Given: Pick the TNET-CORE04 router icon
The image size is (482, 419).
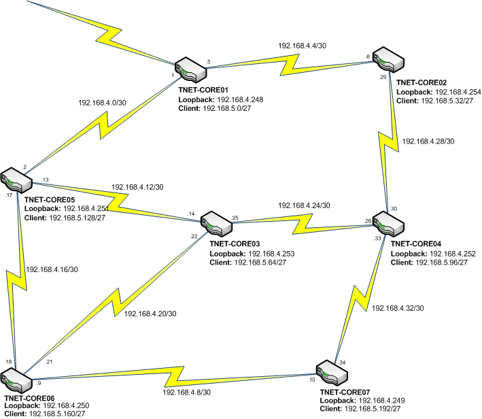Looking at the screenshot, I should pyautogui.click(x=388, y=223).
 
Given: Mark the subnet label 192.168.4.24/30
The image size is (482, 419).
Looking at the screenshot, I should pyautogui.click(x=304, y=205).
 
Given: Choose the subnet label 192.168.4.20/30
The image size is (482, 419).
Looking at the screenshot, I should pyautogui.click(x=151, y=314).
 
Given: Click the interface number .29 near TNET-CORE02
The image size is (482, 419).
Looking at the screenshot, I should pyautogui.click(x=383, y=78).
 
